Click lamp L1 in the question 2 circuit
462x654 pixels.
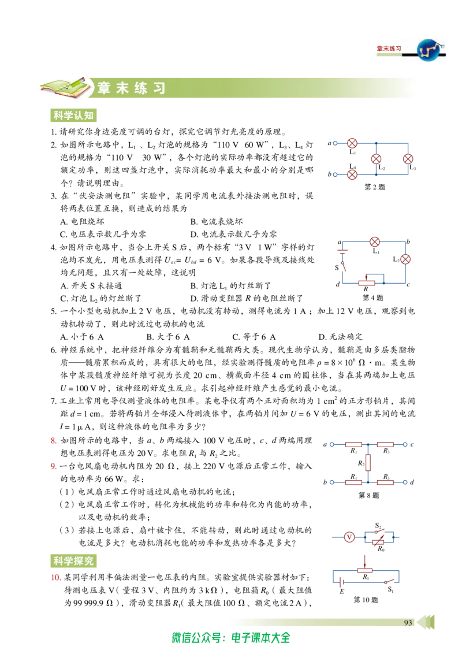tap(352, 143)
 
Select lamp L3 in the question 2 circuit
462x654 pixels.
tap(408, 159)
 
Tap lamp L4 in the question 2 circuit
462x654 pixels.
tap(352, 174)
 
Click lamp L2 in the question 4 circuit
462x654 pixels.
tap(405, 259)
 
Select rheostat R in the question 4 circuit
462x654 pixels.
tap(366, 283)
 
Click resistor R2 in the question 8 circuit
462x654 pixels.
tap(368, 463)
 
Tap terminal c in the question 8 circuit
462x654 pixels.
tap(405, 445)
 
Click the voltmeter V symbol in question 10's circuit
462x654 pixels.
tap(349, 537)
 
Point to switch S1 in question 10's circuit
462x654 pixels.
tap(390, 581)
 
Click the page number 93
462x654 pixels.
tap(408, 622)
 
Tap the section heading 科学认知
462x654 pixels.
tap(73, 115)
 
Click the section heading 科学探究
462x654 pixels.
tap(73, 561)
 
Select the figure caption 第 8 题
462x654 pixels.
tap(369, 495)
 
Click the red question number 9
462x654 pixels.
tap(53, 466)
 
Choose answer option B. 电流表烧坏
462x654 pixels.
tap(217, 221)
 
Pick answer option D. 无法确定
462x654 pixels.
tap(340, 337)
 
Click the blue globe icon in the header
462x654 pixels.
tap(430, 50)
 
